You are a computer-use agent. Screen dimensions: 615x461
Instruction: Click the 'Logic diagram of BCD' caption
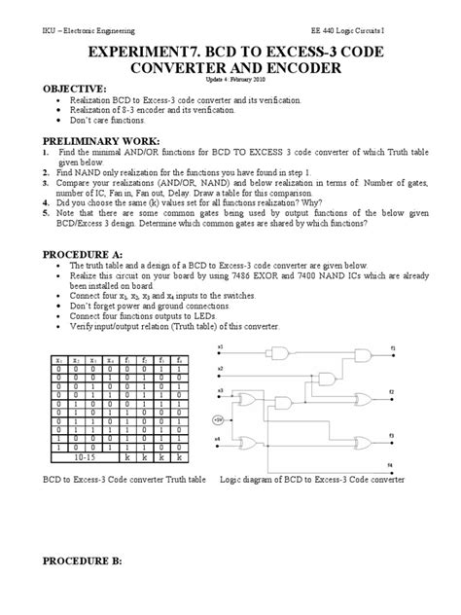(311, 481)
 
